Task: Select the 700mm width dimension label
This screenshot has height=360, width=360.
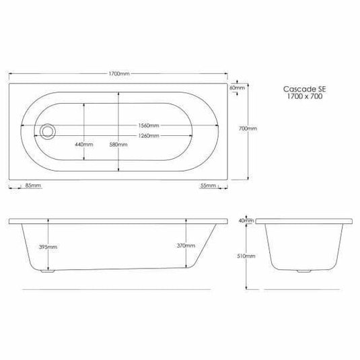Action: [x=248, y=129]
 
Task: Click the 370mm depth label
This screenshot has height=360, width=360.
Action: [x=186, y=247]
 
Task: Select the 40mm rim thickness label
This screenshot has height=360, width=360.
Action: [x=246, y=221]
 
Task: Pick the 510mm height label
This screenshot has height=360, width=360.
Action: [x=248, y=256]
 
